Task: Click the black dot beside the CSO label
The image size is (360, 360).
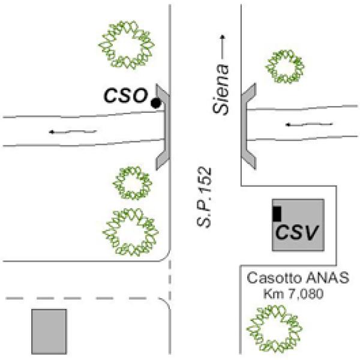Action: click(156, 103)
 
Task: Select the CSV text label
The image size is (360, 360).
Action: click(296, 231)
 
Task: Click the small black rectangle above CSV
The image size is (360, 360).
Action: click(277, 212)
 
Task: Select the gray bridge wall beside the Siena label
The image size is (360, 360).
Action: click(247, 126)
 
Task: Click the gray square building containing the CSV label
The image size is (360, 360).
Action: click(298, 224)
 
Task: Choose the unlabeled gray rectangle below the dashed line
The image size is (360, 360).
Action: click(49, 331)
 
